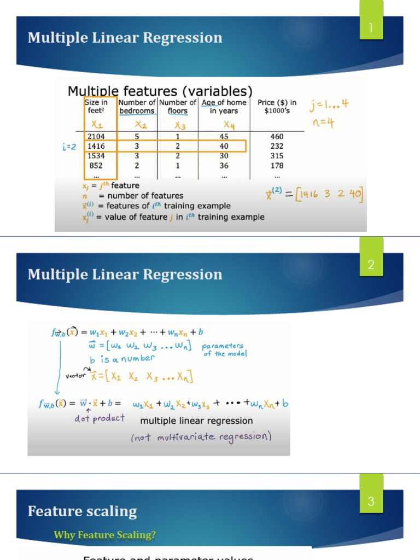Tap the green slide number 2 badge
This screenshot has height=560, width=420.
371,265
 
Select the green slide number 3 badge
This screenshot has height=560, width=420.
371,501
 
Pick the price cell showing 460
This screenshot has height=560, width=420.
277,136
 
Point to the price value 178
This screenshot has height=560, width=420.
277,166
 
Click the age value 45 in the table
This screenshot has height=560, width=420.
224,136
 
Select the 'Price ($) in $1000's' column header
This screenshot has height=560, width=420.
277,107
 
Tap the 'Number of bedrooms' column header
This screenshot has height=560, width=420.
137,107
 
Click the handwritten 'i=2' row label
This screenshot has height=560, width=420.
69,147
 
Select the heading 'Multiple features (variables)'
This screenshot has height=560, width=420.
160,91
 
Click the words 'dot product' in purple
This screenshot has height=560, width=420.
100,418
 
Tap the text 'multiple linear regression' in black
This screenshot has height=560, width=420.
196,421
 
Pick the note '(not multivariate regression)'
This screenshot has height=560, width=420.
201,437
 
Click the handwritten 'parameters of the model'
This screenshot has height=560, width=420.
223,349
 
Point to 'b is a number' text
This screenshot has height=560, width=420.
122,359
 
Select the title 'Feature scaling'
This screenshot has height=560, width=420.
82,511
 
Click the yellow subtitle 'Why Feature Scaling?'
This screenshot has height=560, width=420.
104,535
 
